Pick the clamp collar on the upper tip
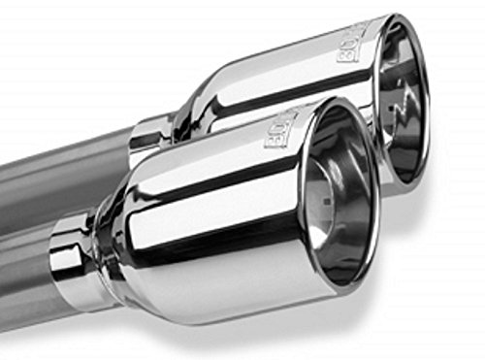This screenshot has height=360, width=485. [x=148, y=136]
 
